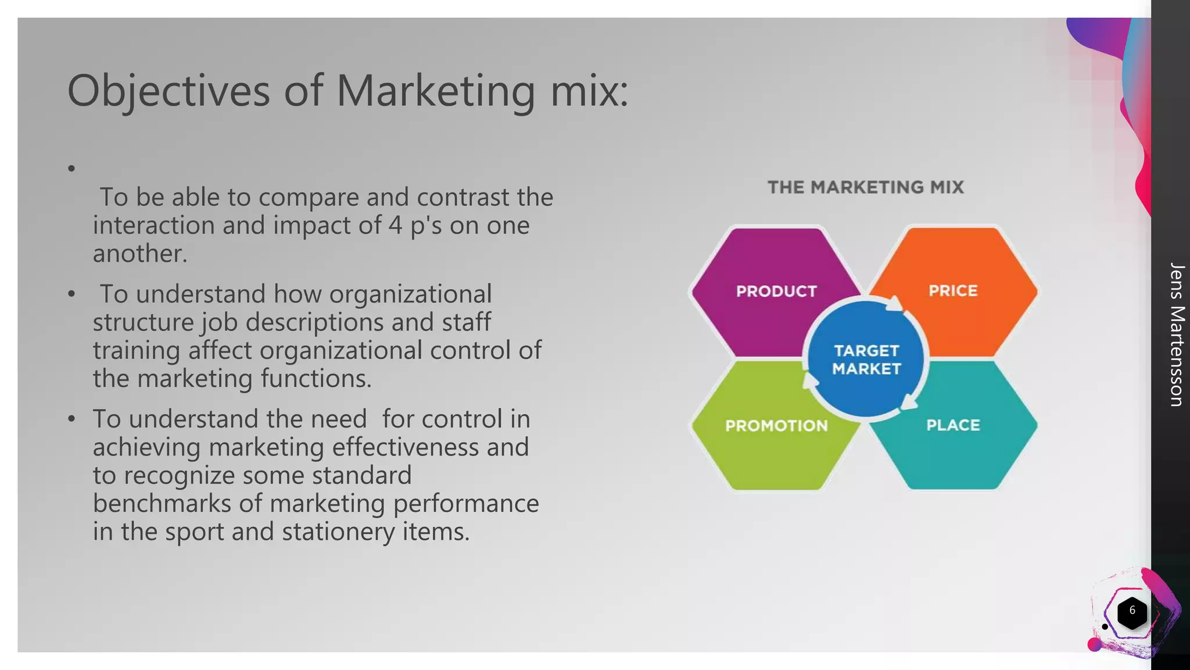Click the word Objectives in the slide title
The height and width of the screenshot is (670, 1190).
pyautogui.click(x=169, y=92)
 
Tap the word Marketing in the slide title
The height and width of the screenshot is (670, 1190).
pyautogui.click(x=436, y=92)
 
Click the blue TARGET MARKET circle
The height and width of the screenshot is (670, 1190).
pyautogui.click(x=866, y=359)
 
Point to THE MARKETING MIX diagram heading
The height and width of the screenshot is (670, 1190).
pyautogui.click(x=865, y=187)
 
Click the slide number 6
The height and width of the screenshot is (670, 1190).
pyautogui.click(x=1132, y=611)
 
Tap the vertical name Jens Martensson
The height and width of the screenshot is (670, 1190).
pyautogui.click(x=1176, y=334)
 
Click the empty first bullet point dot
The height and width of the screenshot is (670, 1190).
pyautogui.click(x=71, y=169)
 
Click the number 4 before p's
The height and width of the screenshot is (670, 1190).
pyautogui.click(x=395, y=226)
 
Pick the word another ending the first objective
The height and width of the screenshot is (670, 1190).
pyautogui.click(x=139, y=254)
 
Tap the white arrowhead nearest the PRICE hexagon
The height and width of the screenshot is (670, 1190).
pyautogui.click(x=894, y=304)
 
